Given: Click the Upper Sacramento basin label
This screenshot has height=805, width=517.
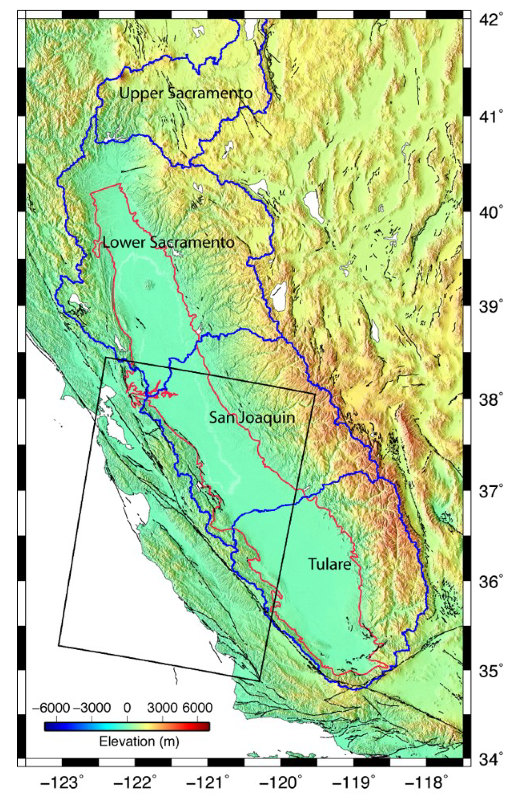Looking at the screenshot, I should point(186,94).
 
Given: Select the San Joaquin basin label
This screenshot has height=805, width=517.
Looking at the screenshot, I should point(252,418).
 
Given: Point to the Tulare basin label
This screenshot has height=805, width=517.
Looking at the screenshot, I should point(329,565).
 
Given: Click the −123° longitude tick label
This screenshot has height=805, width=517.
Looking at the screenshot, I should point(63,790).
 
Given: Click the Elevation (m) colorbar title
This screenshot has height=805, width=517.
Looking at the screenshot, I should point(139,741).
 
